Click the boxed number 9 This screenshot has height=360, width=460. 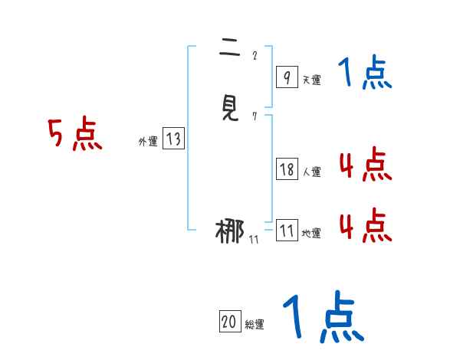coord(286,77)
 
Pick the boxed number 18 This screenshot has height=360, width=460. coord(287,170)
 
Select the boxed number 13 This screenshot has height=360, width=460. coord(173,139)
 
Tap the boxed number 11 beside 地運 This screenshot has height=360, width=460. coord(287,231)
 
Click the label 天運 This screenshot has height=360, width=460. coord(311,79)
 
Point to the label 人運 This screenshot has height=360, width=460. coord(311,172)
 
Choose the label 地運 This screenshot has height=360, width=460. coord(311,234)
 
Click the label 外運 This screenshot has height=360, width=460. coord(148,141)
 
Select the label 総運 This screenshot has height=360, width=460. coord(255,324)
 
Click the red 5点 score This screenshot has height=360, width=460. coord(75,135)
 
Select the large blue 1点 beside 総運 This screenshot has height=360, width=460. coord(323,317)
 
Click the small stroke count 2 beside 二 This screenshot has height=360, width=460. coord(254,55)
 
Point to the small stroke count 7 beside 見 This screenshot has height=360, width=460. coord(254,116)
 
